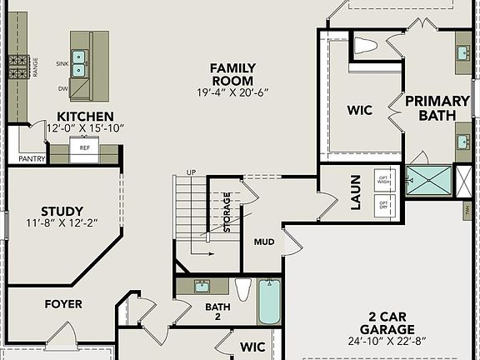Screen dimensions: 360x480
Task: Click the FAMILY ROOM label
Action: (x=232, y=74)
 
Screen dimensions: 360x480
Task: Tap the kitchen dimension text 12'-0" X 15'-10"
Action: (x=85, y=128)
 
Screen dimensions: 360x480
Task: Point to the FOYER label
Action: (x=63, y=304)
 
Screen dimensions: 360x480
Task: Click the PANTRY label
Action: (x=32, y=158)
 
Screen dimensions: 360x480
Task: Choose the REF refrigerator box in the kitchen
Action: (x=84, y=148)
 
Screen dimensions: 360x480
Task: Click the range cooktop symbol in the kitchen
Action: (x=18, y=63)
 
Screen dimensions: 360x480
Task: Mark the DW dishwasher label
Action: (x=63, y=87)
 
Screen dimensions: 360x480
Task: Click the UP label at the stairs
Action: (x=192, y=172)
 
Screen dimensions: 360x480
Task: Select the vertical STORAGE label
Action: (x=227, y=212)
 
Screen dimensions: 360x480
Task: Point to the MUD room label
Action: (x=263, y=242)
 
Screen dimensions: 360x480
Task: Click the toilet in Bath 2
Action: (x=243, y=289)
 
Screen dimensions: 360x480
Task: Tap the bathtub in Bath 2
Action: (x=269, y=302)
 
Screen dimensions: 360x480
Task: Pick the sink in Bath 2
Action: (x=201, y=287)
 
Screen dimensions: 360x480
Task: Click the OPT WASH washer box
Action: (x=384, y=180)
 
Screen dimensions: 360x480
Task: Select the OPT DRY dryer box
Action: (x=384, y=204)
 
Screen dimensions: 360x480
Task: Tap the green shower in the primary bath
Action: (x=428, y=181)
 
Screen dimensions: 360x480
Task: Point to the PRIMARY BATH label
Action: (x=432, y=108)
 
